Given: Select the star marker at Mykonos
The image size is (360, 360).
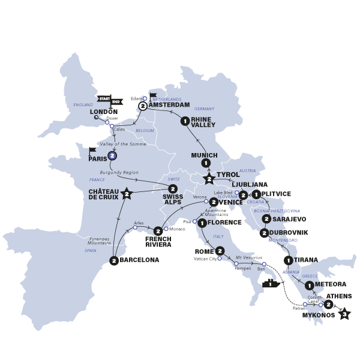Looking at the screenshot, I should (x=344, y=313).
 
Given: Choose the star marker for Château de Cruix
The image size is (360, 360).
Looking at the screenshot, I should (x=127, y=193).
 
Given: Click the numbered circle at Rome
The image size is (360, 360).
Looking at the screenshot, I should (x=220, y=250).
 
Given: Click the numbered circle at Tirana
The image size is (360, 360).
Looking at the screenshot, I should (x=289, y=260).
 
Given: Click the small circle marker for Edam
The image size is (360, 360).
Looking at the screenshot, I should (x=145, y=98).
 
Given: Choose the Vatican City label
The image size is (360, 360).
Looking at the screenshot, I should (x=205, y=259).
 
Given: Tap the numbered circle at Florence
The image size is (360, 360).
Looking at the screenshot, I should (x=202, y=223).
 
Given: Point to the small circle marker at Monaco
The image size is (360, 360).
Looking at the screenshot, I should (x=166, y=229).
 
